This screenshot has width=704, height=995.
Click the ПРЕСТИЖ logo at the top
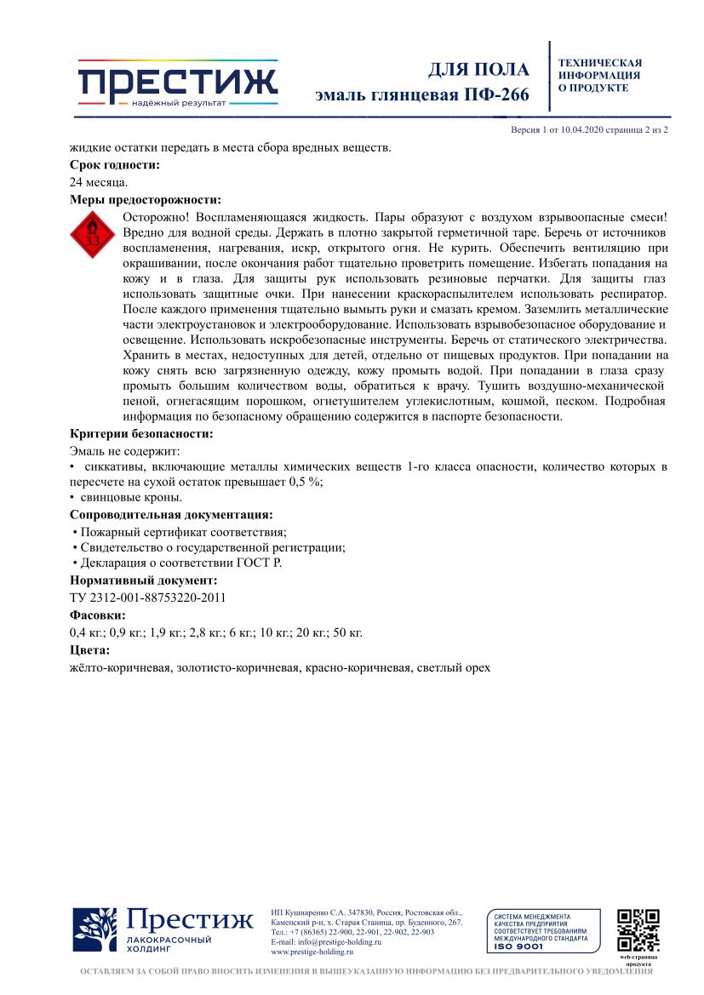pos(177,83)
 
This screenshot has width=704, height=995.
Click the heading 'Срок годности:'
pos(114,165)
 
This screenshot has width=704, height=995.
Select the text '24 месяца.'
pos(99,182)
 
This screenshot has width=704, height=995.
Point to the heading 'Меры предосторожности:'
pos(145,200)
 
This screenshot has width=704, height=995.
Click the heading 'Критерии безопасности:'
pos(141,433)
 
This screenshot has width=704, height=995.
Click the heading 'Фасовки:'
pos(97,615)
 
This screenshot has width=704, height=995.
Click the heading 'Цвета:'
pos(89,650)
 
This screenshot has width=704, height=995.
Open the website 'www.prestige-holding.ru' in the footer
pos(312,952)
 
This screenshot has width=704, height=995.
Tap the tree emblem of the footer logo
pos(94,930)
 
